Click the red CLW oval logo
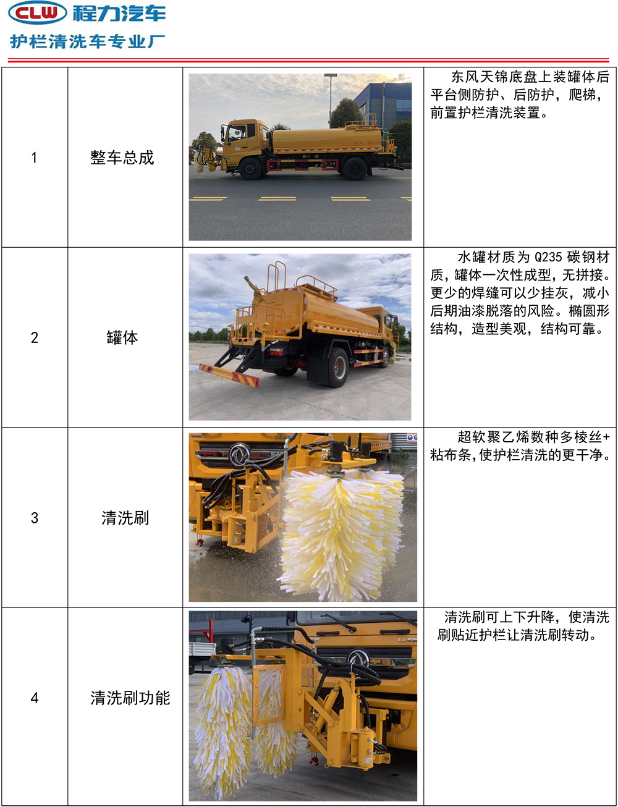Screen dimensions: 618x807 point(37,12)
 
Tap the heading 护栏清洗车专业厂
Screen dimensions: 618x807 point(88,41)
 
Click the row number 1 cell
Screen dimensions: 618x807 point(34,158)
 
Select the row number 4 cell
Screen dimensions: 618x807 point(34,698)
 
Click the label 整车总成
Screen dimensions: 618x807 point(122,158)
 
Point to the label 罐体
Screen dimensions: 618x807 point(122,337)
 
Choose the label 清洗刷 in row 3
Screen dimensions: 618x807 point(125,518)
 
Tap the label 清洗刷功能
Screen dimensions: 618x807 point(130,698)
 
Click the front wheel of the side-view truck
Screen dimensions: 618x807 point(250,169)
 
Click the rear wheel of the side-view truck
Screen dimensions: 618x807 point(355,169)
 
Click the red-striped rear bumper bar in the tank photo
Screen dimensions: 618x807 point(229,375)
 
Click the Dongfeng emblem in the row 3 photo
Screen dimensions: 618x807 point(240,454)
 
